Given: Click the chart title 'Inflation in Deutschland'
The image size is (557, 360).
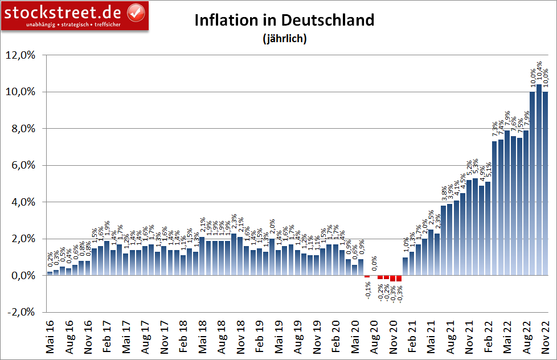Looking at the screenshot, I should point(284,20).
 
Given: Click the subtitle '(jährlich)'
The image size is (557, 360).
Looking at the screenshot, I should point(284,39).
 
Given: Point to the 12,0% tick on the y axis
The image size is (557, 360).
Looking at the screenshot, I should point(20,55).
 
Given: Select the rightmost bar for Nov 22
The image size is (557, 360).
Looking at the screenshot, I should point(545,182).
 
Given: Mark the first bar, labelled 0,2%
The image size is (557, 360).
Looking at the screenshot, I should point(50,273).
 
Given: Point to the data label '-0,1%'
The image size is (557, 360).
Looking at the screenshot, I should point(367,289).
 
